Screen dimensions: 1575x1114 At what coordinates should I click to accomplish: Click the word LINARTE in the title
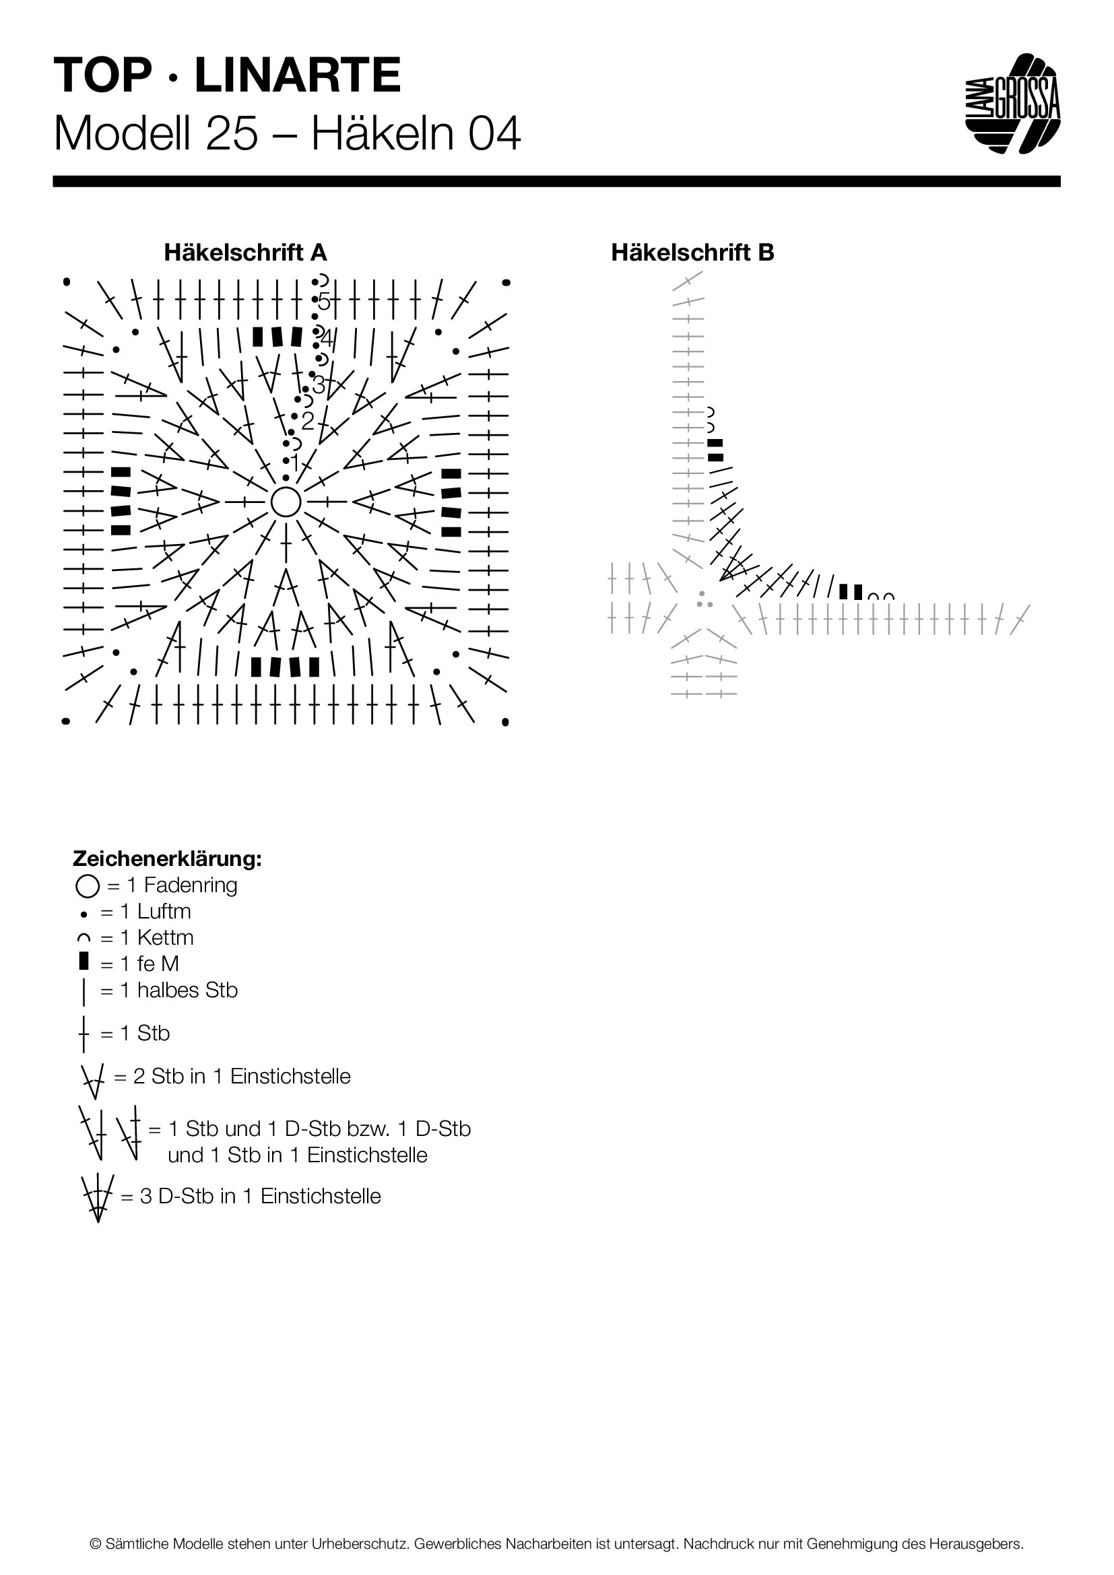298,76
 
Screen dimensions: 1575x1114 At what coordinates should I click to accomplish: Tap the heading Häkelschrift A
245,253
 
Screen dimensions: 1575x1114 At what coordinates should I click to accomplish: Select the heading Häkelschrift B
692,253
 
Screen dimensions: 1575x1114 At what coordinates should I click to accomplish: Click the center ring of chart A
286,502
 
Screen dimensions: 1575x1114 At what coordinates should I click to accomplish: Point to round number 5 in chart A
324,301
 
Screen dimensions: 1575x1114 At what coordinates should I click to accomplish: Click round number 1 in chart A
294,465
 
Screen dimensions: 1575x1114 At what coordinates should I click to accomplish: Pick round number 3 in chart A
318,385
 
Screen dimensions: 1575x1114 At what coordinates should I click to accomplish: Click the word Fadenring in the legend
191,885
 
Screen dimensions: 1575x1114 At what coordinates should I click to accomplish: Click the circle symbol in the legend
87,887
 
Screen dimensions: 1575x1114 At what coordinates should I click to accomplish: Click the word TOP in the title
103,76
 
